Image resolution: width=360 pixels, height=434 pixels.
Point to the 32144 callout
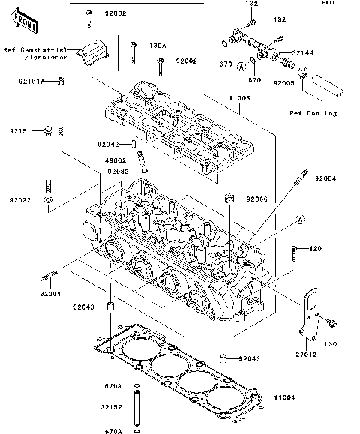click(x=303, y=53)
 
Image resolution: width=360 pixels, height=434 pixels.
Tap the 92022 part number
click(x=21, y=201)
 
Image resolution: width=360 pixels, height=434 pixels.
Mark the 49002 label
click(x=115, y=160)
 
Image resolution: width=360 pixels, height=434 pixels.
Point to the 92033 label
click(x=116, y=171)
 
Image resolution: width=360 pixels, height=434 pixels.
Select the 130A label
click(x=157, y=44)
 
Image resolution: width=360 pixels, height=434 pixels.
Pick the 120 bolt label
click(x=315, y=248)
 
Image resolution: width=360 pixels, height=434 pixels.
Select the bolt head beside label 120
click(x=296, y=248)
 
